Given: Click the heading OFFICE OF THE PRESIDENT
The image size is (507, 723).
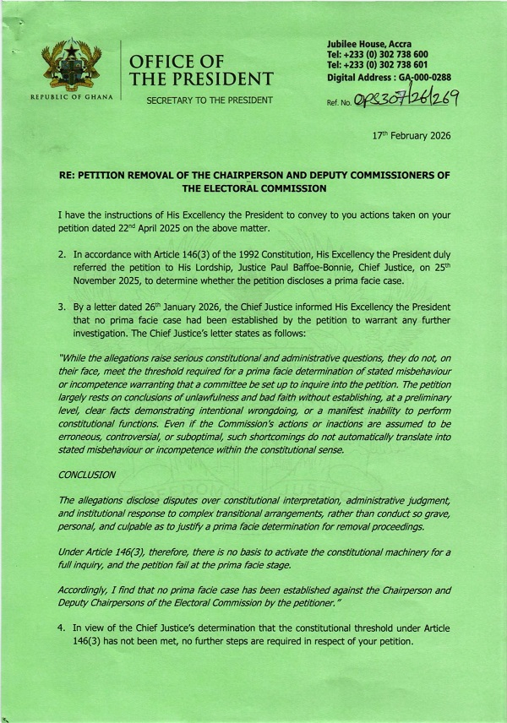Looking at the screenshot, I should click(x=200, y=70).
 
